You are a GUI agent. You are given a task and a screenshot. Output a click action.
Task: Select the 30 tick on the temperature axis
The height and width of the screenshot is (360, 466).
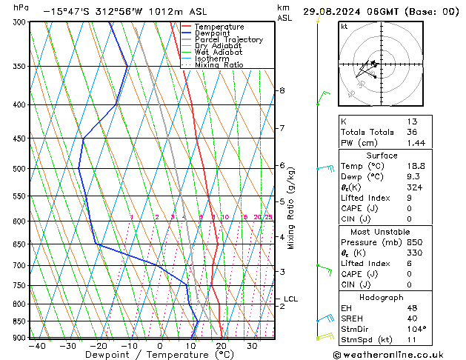253,345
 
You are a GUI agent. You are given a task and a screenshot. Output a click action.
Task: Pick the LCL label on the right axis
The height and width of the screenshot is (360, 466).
290,299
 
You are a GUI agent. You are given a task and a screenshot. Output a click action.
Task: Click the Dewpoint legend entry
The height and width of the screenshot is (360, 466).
213,33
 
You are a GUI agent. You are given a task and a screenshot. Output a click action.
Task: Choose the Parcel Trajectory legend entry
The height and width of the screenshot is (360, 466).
228,40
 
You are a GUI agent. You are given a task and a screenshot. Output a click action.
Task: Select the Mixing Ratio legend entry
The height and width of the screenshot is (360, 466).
219,65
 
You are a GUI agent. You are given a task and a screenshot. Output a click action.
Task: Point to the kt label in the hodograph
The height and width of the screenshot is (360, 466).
344,26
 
